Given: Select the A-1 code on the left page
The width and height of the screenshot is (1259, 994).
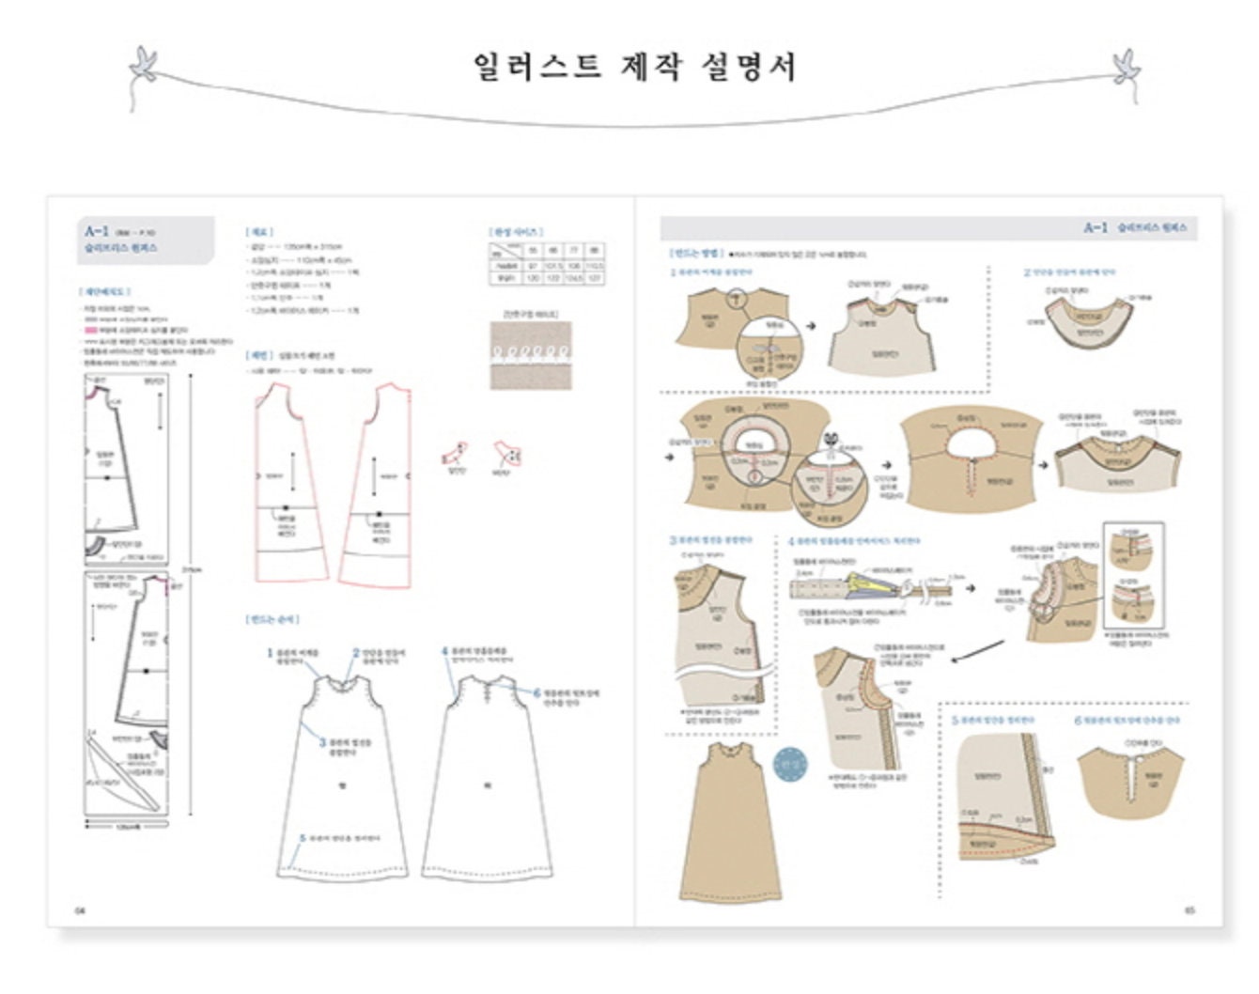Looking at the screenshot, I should (x=97, y=231).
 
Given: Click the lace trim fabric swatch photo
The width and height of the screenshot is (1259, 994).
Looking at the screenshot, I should (x=530, y=355).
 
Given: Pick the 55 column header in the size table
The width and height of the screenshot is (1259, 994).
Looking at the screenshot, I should (x=533, y=251).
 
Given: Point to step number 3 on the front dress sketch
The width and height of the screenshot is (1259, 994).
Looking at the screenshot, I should (x=322, y=742).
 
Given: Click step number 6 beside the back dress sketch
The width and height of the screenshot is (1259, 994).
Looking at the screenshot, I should (x=536, y=693).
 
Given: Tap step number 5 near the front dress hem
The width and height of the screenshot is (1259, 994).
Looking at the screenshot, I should (x=303, y=838).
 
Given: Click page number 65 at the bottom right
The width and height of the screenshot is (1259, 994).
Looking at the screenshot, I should (x=1189, y=910).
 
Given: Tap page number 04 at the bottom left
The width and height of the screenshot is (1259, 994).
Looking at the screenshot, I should (x=80, y=910).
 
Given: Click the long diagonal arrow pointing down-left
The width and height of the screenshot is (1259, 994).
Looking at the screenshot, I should (x=976, y=651).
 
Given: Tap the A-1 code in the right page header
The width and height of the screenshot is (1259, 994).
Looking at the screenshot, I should (x=1096, y=228).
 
